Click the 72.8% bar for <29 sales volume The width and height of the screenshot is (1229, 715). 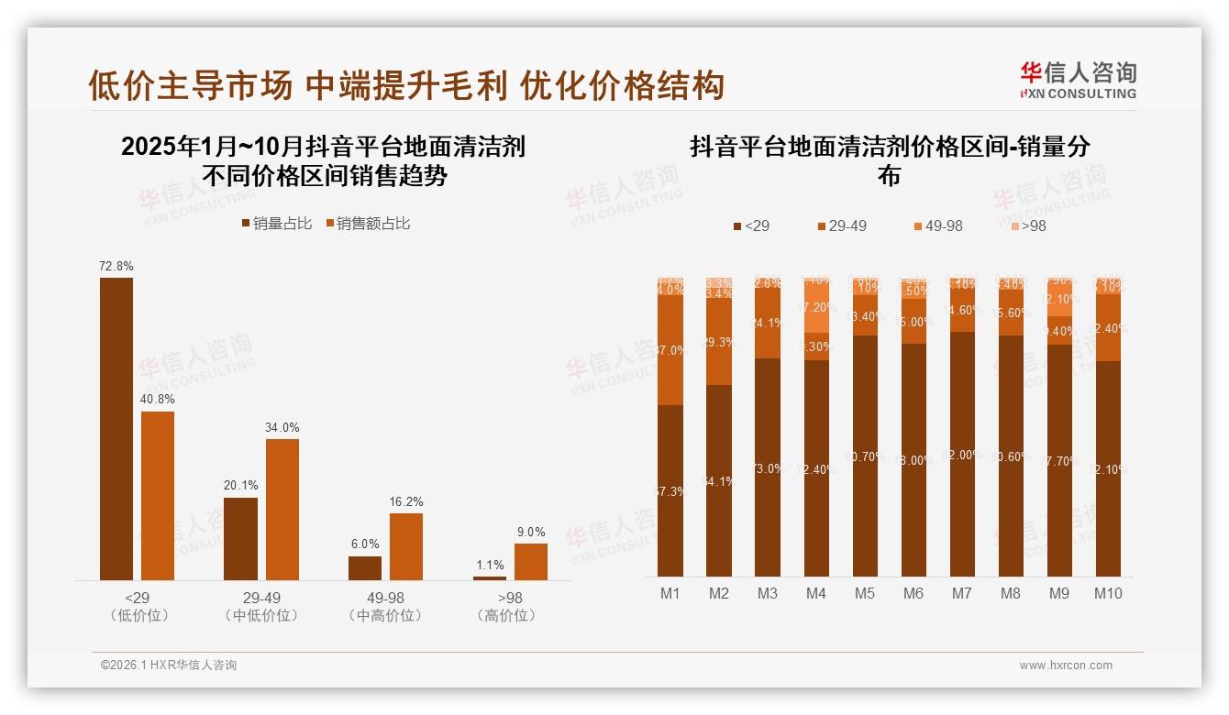116,428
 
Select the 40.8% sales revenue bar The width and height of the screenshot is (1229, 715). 158,495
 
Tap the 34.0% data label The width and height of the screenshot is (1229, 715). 282,427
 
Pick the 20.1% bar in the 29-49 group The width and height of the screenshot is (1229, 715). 240,538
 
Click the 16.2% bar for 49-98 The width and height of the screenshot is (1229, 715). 406,546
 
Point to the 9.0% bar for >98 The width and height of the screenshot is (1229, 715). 530,561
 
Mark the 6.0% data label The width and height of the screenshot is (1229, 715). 365,544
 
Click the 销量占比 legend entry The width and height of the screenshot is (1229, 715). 276,224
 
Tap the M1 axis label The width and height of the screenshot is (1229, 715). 670,593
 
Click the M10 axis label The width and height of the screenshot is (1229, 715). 1108,593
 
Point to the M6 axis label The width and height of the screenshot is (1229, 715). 913,593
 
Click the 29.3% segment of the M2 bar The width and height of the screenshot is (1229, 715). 719,342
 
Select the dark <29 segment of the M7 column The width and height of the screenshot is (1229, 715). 962,454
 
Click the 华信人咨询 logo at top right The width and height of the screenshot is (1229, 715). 1078,80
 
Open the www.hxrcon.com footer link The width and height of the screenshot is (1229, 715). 1066,665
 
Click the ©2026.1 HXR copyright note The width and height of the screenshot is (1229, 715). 169,665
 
